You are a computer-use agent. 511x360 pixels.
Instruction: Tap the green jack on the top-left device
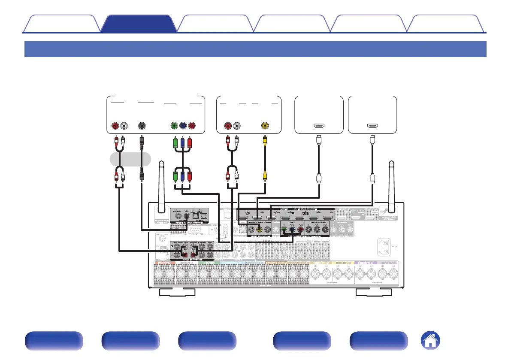coord(174,126)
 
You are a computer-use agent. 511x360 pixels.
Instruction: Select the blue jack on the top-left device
coord(183,126)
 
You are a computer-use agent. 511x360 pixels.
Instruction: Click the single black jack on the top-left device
coord(142,126)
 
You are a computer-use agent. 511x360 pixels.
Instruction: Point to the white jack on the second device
coord(236,126)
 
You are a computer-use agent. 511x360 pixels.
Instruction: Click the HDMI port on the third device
coord(319,126)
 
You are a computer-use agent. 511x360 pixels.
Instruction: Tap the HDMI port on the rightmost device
coord(372,126)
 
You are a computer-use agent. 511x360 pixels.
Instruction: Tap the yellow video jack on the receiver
coord(259,229)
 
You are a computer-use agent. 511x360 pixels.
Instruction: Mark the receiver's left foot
coord(177,292)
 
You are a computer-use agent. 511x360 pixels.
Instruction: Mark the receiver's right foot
coord(374,292)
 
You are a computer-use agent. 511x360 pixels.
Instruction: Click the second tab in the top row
coord(139,24)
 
